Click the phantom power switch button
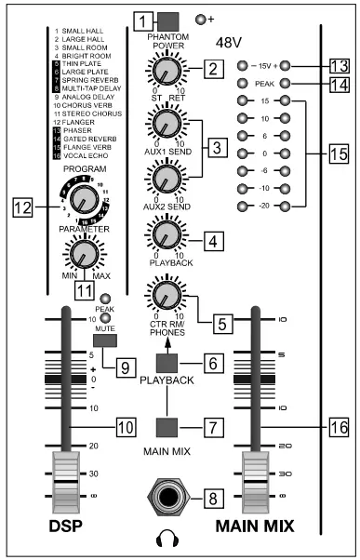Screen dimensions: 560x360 coord(167,20)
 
